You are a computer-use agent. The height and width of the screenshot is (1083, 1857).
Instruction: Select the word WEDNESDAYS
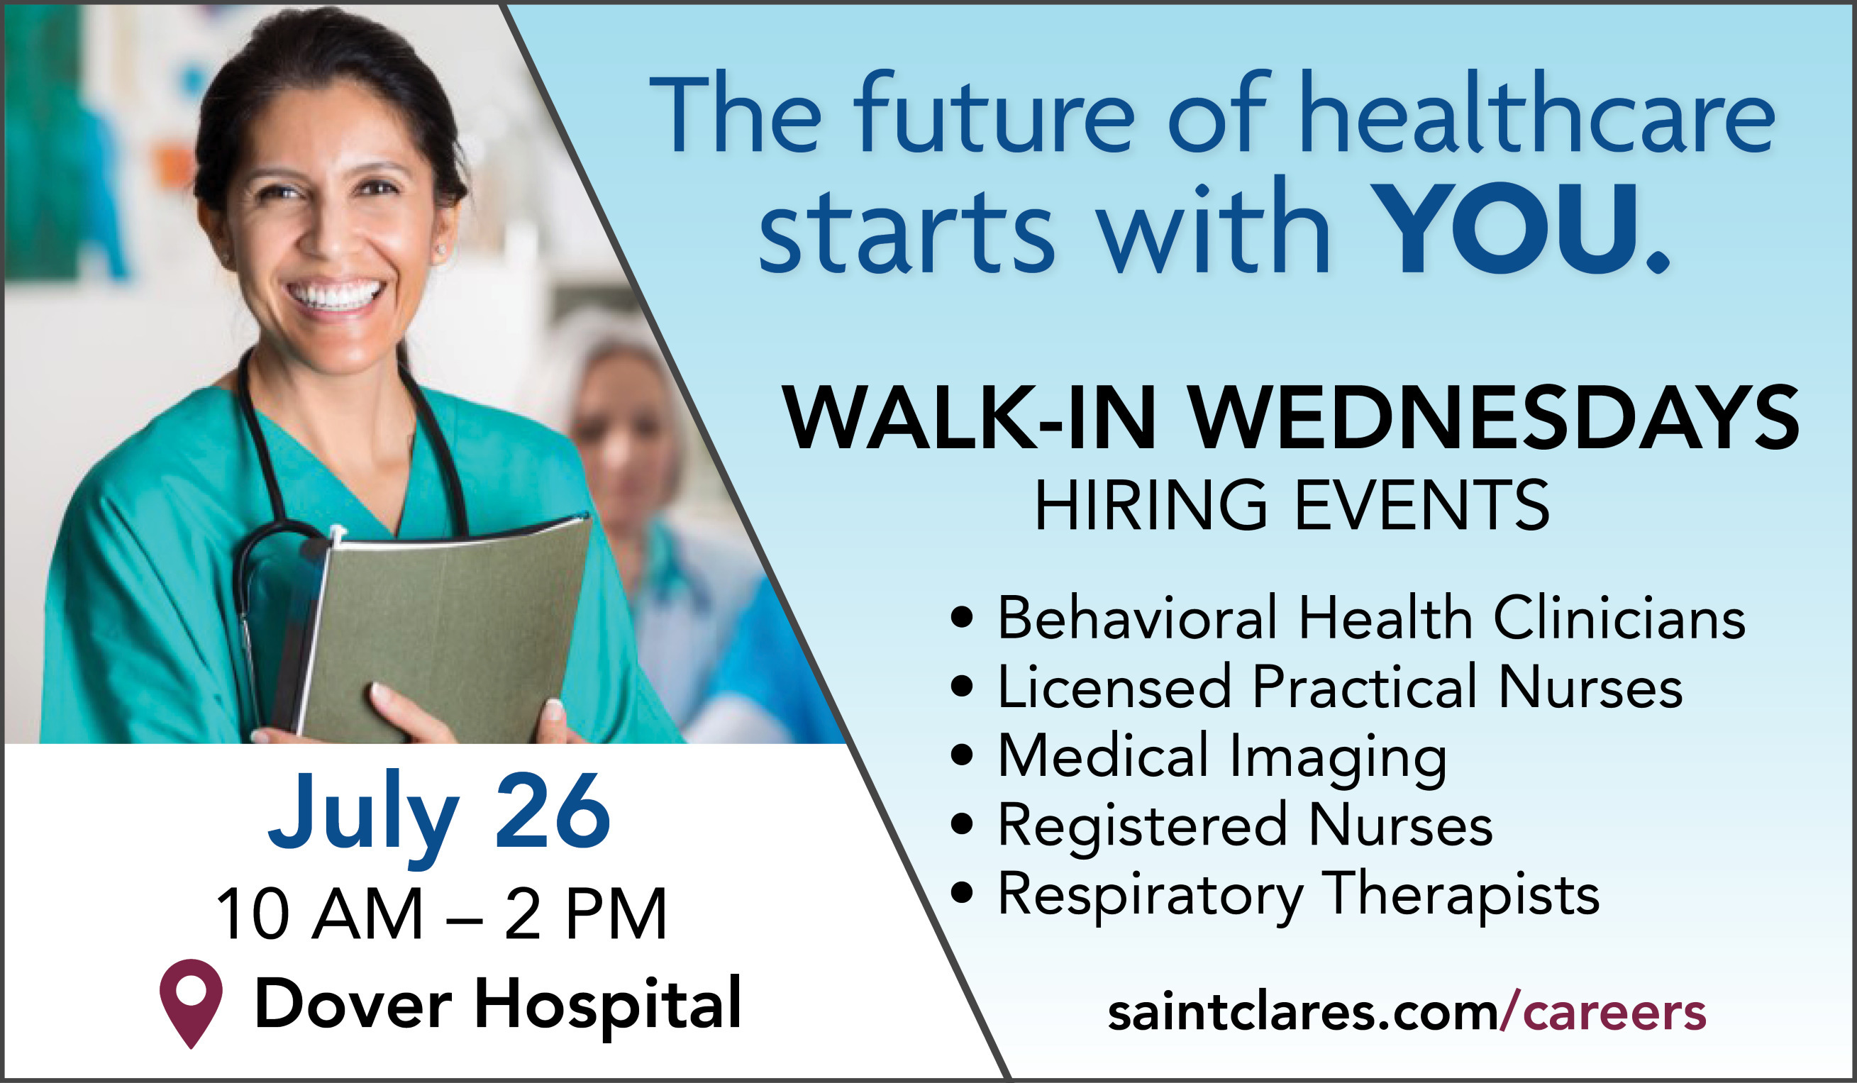[x=1495, y=418]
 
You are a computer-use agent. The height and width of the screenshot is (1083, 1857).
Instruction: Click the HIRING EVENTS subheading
[x=1292, y=505]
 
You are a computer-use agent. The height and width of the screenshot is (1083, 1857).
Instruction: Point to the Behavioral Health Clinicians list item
[x=1371, y=616]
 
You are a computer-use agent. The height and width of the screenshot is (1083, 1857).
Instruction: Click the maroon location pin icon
[x=191, y=1004]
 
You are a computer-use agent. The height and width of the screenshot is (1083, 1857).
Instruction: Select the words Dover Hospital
[x=497, y=1004]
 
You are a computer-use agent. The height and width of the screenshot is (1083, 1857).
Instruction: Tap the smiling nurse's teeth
[x=336, y=295]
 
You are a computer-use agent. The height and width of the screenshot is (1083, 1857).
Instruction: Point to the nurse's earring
[x=441, y=250]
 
